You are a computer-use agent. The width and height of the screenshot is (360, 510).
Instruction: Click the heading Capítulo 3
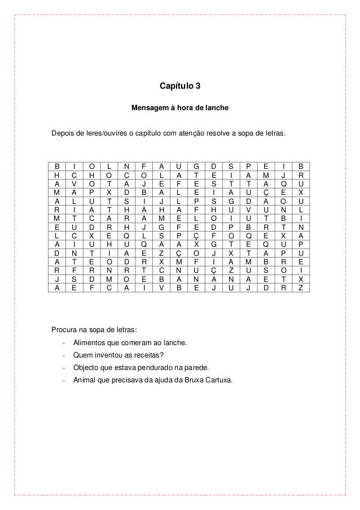point(179,87)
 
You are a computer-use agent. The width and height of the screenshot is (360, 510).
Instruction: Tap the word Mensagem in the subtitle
point(147,107)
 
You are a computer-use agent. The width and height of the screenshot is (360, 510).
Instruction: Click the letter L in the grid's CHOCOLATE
point(161,176)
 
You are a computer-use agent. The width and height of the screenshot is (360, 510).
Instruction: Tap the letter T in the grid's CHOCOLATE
point(196,176)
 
